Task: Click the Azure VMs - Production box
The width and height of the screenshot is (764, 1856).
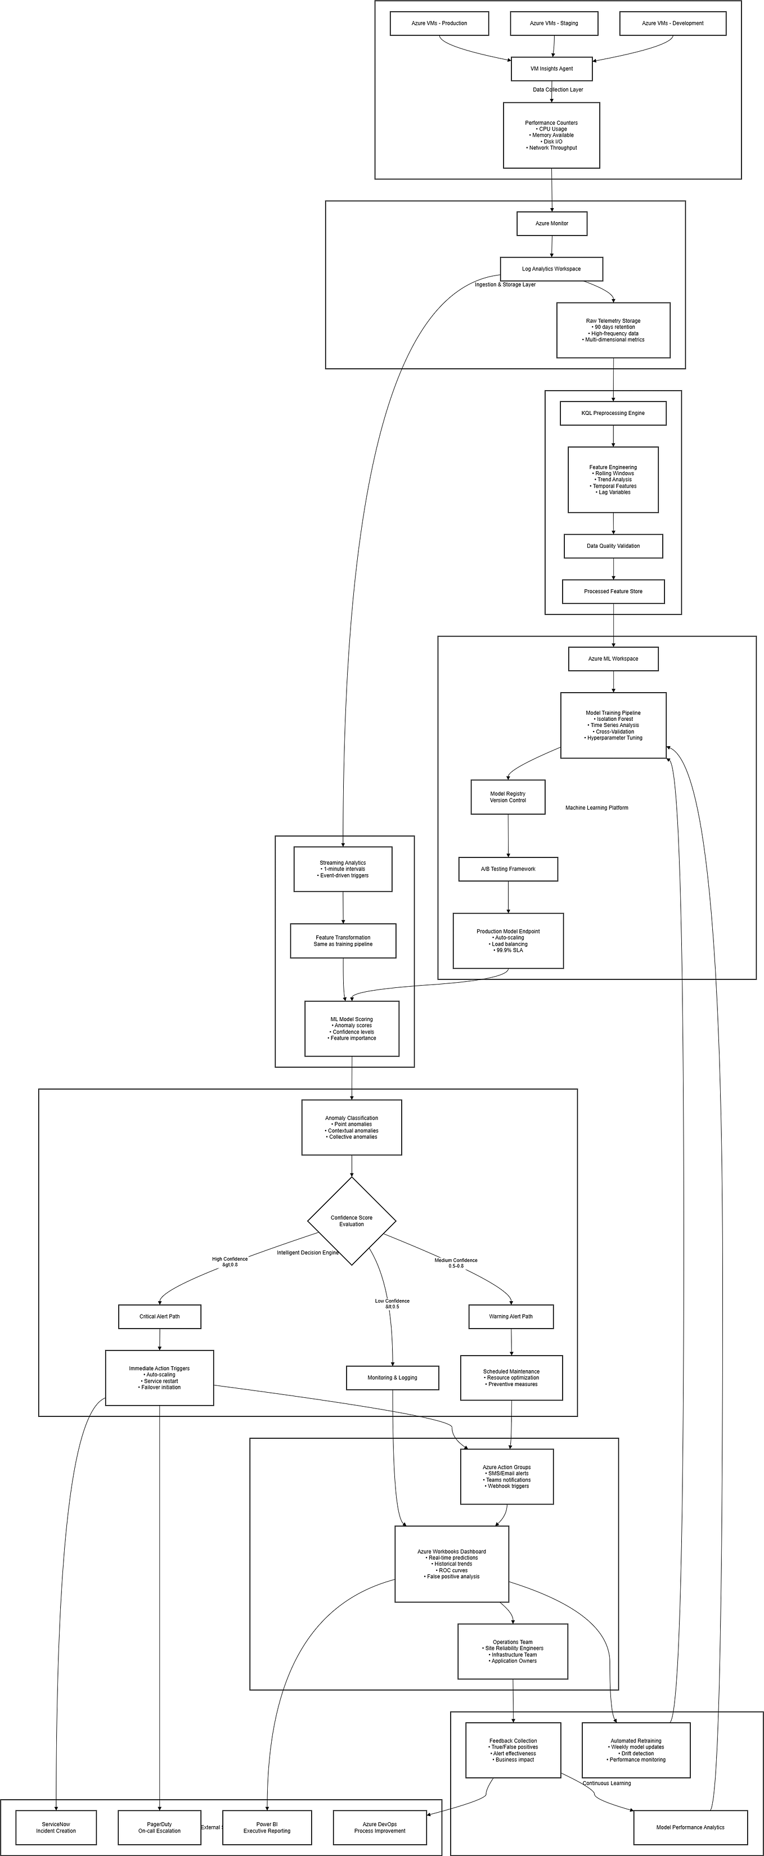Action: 439,23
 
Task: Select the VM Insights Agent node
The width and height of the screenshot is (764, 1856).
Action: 551,69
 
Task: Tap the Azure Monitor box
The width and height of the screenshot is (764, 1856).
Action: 551,223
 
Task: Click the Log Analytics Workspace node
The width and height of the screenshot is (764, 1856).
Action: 551,269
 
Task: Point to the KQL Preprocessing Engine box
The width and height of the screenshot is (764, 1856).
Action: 613,413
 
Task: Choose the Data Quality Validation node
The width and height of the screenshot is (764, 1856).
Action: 613,546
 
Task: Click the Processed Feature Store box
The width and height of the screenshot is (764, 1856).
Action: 613,591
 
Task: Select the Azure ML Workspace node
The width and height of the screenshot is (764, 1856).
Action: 613,658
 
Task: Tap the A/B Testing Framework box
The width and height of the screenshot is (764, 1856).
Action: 508,869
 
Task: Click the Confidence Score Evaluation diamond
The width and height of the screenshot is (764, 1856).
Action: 352,1221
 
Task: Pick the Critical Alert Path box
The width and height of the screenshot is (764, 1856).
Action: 159,1316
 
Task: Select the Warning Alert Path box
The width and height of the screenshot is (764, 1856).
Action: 511,1316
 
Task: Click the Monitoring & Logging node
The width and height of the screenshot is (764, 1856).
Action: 392,1378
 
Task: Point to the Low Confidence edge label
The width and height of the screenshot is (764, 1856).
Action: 392,1303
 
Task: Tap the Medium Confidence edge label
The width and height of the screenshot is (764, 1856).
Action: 456,1263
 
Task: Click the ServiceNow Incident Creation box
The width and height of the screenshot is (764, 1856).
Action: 56,1828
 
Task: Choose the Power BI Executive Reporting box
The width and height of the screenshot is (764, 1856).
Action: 267,1828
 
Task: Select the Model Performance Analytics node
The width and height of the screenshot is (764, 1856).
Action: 690,1827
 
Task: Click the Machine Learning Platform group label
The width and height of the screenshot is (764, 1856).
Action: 597,807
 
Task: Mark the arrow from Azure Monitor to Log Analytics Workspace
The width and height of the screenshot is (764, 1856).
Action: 551,246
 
